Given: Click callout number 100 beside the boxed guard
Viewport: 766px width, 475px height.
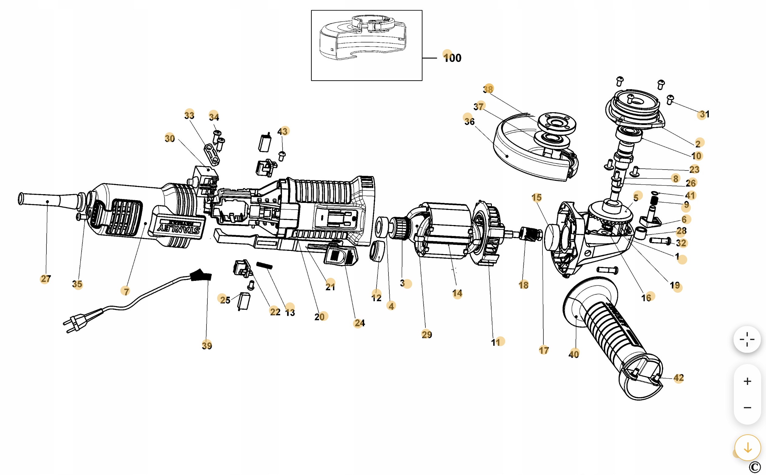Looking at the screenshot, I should [452, 58].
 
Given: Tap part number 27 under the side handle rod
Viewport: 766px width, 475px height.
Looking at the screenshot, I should [45, 279].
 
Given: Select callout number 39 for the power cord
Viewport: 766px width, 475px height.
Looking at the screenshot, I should [207, 345].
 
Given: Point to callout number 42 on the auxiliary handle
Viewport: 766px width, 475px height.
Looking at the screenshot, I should [678, 378].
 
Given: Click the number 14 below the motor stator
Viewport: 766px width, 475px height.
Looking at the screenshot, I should [457, 293].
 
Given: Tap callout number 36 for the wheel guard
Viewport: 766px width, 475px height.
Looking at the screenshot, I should [469, 121].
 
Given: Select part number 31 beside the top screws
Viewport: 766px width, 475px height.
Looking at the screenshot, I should [704, 114].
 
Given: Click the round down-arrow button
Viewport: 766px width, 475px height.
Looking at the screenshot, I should [748, 448].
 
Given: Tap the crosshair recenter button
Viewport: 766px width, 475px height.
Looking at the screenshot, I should [747, 339].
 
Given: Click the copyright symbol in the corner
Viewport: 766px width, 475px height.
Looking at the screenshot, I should [755, 467].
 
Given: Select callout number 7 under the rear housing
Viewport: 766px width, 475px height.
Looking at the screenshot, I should [126, 291].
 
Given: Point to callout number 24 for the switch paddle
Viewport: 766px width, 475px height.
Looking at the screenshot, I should [360, 323].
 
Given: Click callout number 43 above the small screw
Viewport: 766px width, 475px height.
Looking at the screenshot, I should [282, 131].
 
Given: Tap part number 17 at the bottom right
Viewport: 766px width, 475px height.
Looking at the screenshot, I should [544, 350].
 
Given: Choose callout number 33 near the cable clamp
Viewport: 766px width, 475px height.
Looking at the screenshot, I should [189, 115].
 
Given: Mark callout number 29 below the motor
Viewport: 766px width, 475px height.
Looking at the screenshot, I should [426, 335].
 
